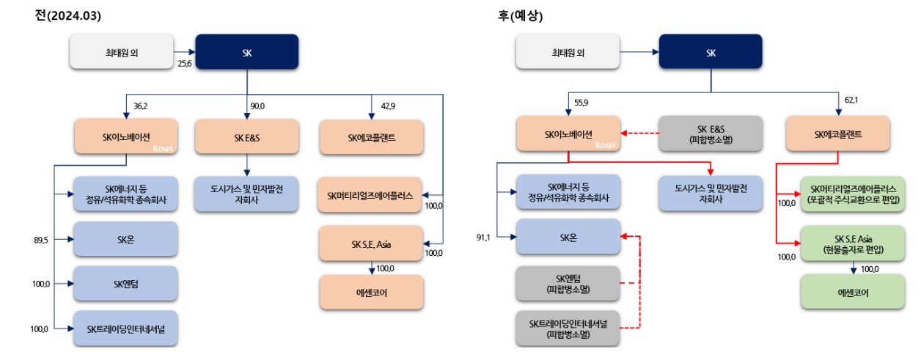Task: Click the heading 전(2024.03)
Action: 67,15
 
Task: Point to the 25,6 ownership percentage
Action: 184,64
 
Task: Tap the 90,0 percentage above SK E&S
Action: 257,106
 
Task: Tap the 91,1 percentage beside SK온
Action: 485,237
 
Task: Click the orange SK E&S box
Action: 247,136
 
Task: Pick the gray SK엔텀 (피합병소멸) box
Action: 567,283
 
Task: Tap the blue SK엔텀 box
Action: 125,283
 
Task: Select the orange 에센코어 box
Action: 371,292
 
